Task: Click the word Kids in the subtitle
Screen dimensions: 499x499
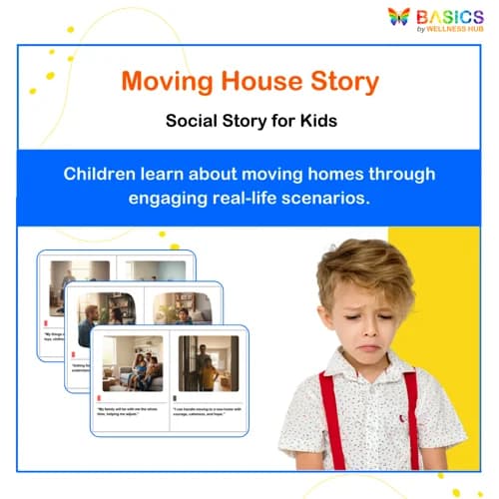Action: [x=312, y=122]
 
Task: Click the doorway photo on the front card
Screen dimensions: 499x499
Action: [x=209, y=362]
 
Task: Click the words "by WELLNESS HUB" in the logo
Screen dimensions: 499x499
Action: [x=451, y=29]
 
